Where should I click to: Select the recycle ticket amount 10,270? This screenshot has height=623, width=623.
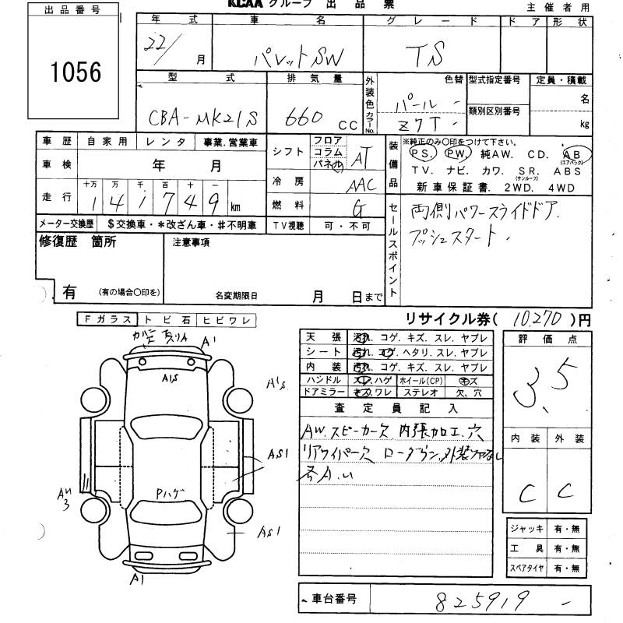pos(539,319)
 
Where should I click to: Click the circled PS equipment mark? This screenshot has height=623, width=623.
pos(421,153)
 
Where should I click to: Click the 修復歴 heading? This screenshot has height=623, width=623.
pos(55,242)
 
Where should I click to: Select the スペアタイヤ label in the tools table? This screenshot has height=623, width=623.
pos(527,568)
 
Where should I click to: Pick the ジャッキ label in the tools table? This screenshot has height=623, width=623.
pos(527,528)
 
